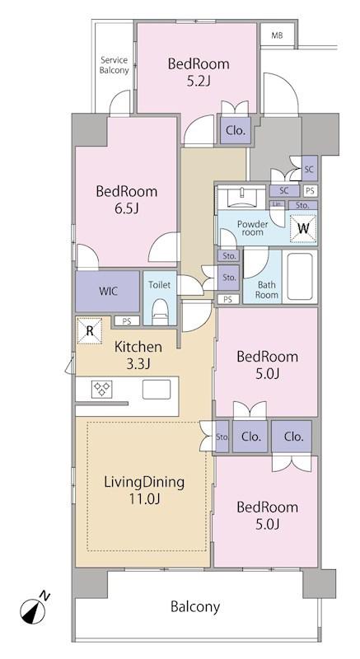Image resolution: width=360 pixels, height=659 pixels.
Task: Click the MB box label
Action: click(x=277, y=35)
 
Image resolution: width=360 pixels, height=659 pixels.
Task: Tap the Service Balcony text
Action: click(x=115, y=65)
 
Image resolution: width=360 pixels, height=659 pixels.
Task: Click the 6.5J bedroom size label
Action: click(x=127, y=208)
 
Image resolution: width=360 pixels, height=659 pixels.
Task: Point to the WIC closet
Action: click(x=108, y=292)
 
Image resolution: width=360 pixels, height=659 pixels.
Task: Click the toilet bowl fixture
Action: click(x=160, y=311)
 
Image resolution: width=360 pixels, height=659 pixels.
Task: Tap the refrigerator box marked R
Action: click(x=90, y=331)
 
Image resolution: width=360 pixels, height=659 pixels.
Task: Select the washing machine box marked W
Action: click(x=303, y=229)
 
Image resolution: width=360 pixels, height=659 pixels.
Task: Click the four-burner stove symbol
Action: click(x=101, y=389)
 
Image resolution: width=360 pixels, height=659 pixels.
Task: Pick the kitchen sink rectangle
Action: click(x=157, y=389)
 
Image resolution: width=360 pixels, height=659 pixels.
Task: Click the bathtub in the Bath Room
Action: click(x=300, y=276)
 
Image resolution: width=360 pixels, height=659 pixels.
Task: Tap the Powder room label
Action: click(x=253, y=228)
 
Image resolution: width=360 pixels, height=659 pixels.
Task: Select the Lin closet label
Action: click(x=277, y=204)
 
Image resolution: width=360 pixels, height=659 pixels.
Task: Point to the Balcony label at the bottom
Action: click(x=195, y=606)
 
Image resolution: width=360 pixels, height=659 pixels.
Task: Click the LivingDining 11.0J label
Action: click(x=144, y=490)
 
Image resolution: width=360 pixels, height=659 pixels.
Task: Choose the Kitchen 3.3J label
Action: click(x=138, y=355)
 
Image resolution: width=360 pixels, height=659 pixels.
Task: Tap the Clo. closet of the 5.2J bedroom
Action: click(x=236, y=130)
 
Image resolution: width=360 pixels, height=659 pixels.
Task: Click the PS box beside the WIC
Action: click(x=126, y=320)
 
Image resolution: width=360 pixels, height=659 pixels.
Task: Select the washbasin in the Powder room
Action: click(x=241, y=196)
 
